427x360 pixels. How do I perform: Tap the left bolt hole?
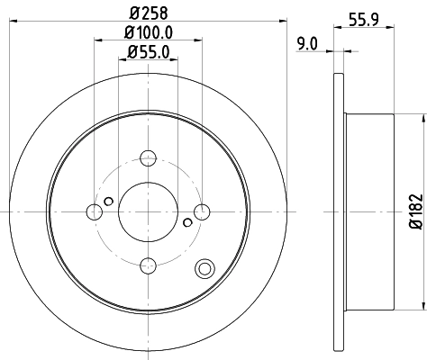point(94,211)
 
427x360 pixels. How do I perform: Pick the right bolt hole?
point(202,211)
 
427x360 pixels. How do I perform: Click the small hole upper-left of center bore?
point(109,201)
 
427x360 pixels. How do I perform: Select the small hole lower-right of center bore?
point(186,222)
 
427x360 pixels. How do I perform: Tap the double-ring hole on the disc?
point(204,267)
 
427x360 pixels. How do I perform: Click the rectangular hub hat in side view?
point(369,211)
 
